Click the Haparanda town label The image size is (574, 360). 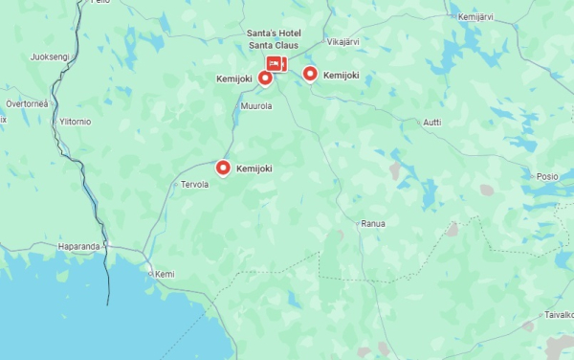pyautogui.click(x=78, y=246)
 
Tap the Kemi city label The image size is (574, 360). pyautogui.click(x=165, y=274)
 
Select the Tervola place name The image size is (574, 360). pyautogui.click(x=194, y=185)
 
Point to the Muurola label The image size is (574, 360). pyautogui.click(x=256, y=106)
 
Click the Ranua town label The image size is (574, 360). pyautogui.click(x=372, y=223)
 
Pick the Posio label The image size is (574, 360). pyautogui.click(x=547, y=176)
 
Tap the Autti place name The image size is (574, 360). pyautogui.click(x=432, y=122)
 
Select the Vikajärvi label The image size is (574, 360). pyautogui.click(x=344, y=42)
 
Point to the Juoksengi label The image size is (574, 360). pyautogui.click(x=50, y=56)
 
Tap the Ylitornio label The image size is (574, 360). pyautogui.click(x=75, y=122)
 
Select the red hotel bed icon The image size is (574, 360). pyautogui.click(x=276, y=63)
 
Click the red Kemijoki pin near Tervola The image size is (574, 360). pyautogui.click(x=223, y=169)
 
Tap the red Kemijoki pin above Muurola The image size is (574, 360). pyautogui.click(x=265, y=78)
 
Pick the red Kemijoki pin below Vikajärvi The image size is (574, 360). pyautogui.click(x=310, y=74)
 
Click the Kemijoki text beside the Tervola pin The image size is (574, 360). pyautogui.click(x=254, y=169)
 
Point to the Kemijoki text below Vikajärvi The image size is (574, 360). pyautogui.click(x=341, y=75)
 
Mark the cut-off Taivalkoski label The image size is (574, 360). pyautogui.click(x=559, y=314)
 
